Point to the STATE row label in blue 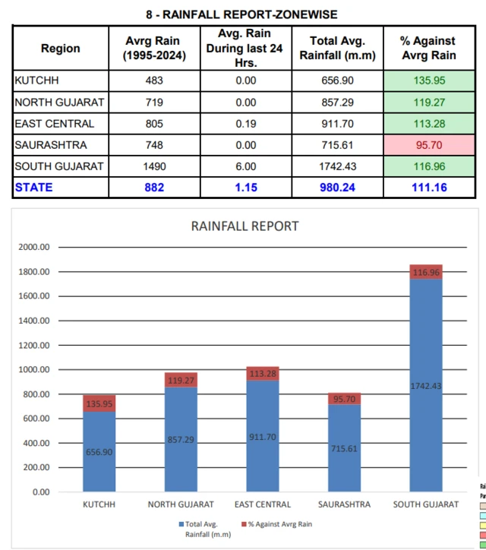point(33,187)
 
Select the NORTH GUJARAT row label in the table point(59,102)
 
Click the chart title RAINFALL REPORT point(245,226)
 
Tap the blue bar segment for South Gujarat point(426,425)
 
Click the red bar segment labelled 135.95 point(99,403)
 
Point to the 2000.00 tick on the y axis point(33,247)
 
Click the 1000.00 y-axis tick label point(33,370)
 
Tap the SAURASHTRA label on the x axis point(344,504)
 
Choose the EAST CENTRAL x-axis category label point(263,504)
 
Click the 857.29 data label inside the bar point(181,439)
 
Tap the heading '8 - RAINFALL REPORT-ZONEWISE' point(241,14)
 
